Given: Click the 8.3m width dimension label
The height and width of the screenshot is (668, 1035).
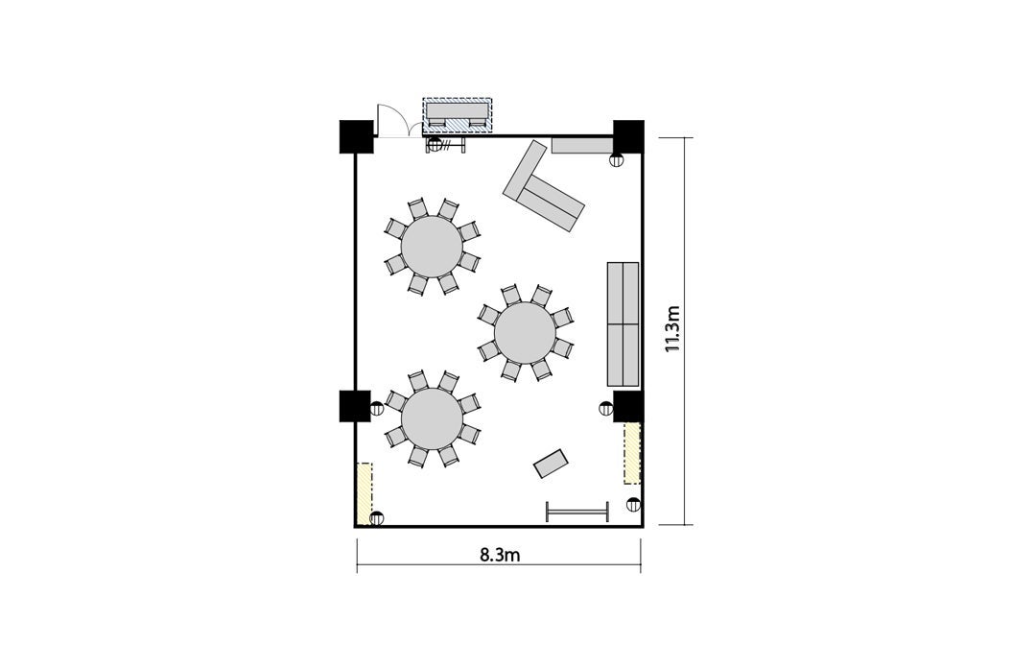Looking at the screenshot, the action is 500,555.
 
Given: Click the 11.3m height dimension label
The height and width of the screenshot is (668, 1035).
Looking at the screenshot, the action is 672,328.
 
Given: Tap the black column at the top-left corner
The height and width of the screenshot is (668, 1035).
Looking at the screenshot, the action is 357,137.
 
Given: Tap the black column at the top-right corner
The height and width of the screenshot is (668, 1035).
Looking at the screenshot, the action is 628,136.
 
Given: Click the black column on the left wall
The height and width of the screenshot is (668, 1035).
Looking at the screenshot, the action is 355,406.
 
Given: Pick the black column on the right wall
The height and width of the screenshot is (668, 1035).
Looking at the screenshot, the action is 628,406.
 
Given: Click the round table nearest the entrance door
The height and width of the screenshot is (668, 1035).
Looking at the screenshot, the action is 432,247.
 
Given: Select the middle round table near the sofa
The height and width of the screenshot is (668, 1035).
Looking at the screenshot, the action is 525,333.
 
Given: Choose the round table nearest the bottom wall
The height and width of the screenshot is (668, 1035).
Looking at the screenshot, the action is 432,418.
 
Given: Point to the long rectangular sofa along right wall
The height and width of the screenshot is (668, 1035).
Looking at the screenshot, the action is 623,323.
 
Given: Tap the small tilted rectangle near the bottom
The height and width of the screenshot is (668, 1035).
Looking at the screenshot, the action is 551,464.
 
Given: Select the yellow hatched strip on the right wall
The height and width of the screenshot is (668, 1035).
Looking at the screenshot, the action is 632,453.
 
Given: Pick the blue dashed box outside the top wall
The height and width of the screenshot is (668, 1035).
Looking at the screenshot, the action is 458,115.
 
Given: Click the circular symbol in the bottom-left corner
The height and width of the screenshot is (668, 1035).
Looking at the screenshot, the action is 377,518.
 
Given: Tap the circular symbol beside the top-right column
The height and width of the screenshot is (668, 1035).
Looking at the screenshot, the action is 616,159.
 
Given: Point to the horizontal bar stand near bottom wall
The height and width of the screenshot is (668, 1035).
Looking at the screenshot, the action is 576,512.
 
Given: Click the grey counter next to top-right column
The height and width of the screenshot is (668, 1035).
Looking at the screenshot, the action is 583,145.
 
